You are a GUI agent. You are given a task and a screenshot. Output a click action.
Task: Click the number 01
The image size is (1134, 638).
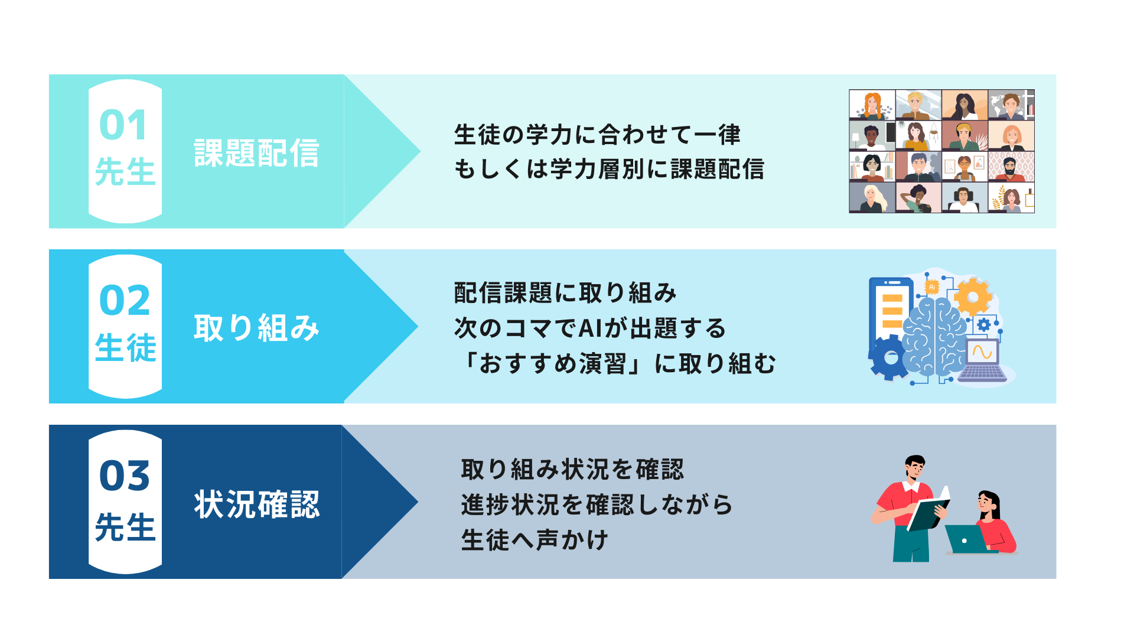pyautogui.click(x=123, y=125)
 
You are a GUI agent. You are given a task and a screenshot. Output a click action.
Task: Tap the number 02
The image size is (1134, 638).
pyautogui.click(x=125, y=300)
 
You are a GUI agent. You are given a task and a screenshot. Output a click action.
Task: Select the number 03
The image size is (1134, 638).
pyautogui.click(x=125, y=476)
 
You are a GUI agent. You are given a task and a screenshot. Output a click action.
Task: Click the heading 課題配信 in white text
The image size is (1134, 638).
pyautogui.click(x=256, y=153)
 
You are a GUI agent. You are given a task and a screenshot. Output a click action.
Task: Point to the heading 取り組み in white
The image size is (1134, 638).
pyautogui.click(x=256, y=328)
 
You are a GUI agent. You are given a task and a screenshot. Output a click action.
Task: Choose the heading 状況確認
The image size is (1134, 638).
pyautogui.click(x=256, y=504)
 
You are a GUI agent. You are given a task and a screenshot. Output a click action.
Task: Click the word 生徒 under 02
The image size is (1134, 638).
pyautogui.click(x=125, y=347)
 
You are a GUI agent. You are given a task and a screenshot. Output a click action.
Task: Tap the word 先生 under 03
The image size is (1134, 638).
pyautogui.click(x=125, y=526)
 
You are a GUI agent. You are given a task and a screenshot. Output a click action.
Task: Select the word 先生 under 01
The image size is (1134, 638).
pyautogui.click(x=125, y=171)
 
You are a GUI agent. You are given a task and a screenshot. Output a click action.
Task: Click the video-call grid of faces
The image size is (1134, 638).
pyautogui.click(x=941, y=151)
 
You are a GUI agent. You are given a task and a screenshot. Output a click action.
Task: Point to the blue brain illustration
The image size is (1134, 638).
pyautogui.click(x=934, y=337)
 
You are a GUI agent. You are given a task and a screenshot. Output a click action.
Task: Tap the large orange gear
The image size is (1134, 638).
pyautogui.click(x=973, y=297)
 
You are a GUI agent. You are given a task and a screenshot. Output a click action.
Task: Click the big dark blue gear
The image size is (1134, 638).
pyautogui.click(x=889, y=357)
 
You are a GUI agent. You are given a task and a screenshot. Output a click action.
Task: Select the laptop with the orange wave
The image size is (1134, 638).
pyautogui.click(x=982, y=360)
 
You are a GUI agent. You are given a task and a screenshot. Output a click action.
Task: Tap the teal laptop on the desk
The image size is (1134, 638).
pyautogui.click(x=966, y=539)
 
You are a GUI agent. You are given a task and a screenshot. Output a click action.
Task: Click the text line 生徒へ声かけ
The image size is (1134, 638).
pyautogui.click(x=535, y=540)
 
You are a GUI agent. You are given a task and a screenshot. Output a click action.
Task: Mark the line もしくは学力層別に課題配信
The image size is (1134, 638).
pyautogui.click(x=609, y=170)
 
